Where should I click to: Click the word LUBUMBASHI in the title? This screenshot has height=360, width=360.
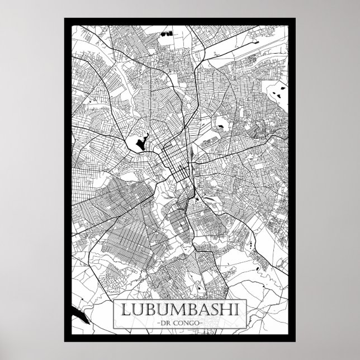pos(179,309)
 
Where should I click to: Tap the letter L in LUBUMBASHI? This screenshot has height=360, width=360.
pos(122,309)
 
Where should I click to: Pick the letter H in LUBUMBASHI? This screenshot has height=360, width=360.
pos(228,309)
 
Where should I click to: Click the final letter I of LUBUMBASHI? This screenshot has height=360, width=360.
pos(238,309)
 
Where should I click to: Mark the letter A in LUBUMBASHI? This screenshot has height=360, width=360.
pos(202,309)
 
